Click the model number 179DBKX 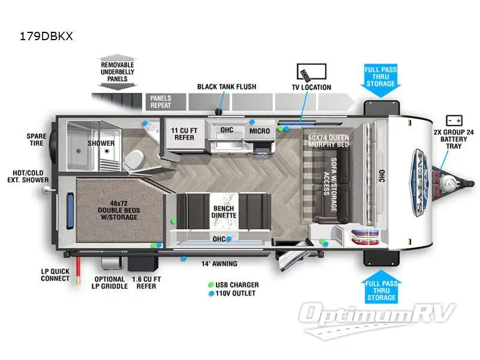pyautogui.click(x=46, y=36)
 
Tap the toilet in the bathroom pyautogui.click(x=136, y=159)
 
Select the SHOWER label pyautogui.click(x=101, y=143)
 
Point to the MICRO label pyautogui.click(x=259, y=131)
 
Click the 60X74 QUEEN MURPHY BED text pyautogui.click(x=328, y=142)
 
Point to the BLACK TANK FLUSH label pyautogui.click(x=227, y=86)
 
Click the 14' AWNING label pyautogui.click(x=219, y=263)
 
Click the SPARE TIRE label pyautogui.click(x=37, y=140)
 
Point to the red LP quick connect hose pyautogui.click(x=77, y=266)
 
